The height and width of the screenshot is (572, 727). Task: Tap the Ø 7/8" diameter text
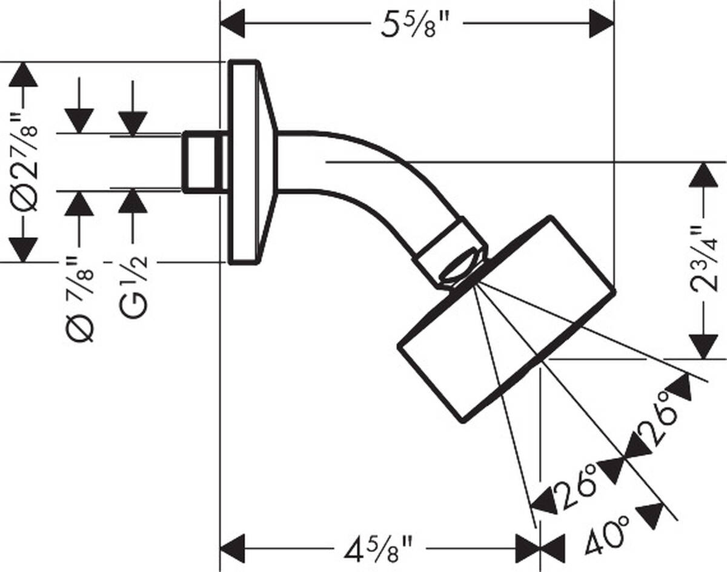click(x=80, y=297)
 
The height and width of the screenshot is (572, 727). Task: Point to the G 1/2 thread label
click(x=133, y=288)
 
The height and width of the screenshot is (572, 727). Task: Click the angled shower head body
click(x=506, y=318)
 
